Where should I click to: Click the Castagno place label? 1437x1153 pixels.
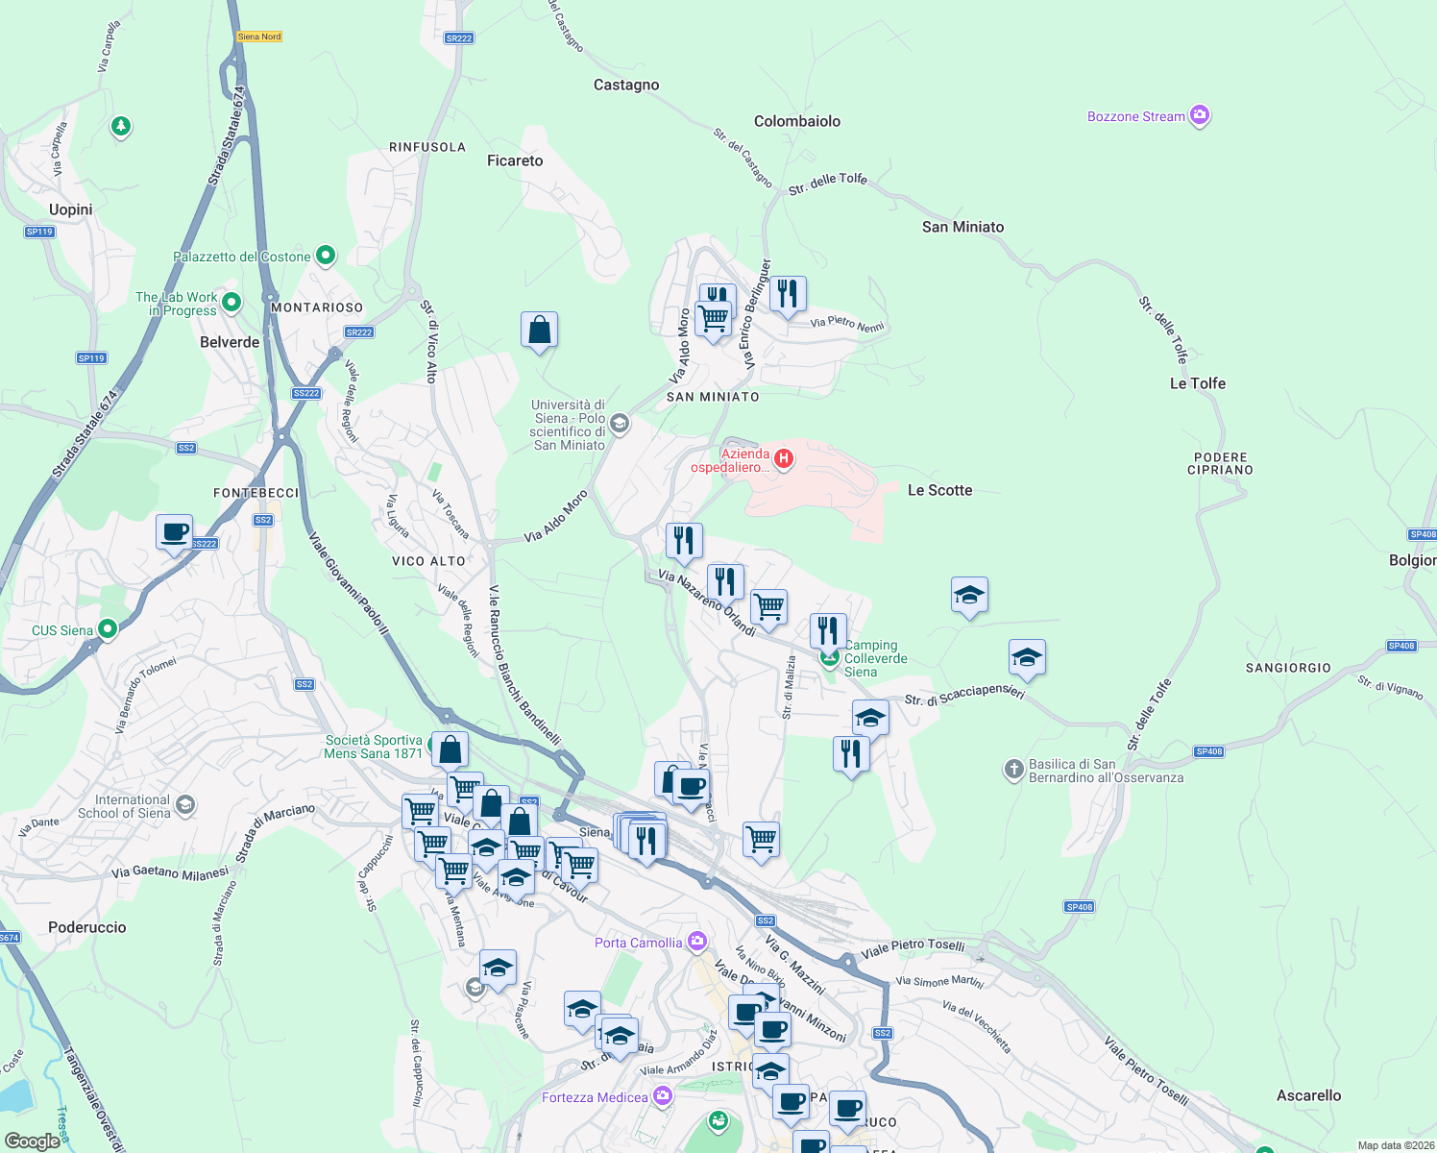[626, 85]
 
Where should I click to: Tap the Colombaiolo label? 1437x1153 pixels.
[796, 121]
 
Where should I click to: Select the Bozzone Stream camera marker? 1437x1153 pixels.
[1199, 116]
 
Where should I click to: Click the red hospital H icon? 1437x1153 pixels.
[784, 458]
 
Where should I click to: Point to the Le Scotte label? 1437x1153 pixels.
[939, 490]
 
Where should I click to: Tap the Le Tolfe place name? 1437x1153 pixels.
[1197, 383]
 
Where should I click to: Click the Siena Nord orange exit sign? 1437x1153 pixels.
[259, 37]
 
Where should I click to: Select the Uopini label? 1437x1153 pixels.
[71, 209]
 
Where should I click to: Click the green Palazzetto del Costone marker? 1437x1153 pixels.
[326, 256]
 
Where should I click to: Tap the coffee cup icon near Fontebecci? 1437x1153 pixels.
[175, 532]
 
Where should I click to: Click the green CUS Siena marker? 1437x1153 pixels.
[108, 629]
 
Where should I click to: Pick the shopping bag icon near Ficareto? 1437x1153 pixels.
[539, 330]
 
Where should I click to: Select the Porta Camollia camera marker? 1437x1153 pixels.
[697, 942]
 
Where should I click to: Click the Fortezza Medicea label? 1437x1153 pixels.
[595, 1097]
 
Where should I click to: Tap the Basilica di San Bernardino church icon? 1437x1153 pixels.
[1013, 769]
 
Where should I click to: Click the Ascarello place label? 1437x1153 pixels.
[1308, 1095]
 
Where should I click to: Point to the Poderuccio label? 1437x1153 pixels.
[87, 927]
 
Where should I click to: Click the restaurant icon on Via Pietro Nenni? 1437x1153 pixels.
[788, 293]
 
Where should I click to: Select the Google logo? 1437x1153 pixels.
[32, 1141]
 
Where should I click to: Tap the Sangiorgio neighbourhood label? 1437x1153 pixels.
[1288, 668]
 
